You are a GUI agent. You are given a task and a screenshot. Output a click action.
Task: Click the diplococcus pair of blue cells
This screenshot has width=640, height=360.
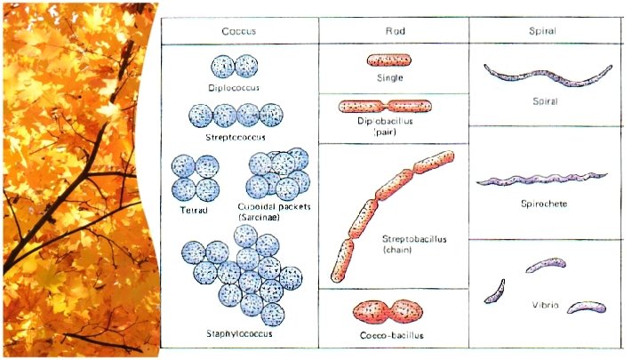coord(234,67)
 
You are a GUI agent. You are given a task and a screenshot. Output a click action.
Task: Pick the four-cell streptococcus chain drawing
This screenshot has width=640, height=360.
coord(236,116)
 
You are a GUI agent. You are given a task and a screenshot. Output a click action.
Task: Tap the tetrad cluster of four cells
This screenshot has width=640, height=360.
coord(196,177)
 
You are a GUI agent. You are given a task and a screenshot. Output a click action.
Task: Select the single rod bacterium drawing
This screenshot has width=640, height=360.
coord(389,60)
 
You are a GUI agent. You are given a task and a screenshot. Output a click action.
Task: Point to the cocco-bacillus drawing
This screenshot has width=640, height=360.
coord(388,311)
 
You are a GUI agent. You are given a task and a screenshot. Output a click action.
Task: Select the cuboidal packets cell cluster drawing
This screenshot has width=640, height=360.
coord(277,173)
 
